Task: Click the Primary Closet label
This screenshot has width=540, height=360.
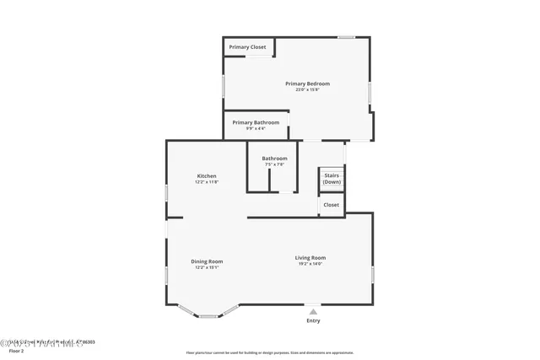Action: (247, 47)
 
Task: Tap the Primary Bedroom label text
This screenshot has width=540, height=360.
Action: (307, 83)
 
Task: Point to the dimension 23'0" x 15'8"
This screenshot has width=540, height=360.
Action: (307, 89)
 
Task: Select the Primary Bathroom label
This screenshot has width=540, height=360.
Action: (256, 122)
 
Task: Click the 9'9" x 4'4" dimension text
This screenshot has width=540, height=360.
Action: (256, 128)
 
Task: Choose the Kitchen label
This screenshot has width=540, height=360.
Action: (207, 176)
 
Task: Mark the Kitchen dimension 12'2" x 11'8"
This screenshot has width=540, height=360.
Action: (207, 182)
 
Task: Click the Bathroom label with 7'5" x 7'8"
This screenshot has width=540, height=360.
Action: (274, 159)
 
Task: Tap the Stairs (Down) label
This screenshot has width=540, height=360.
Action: (332, 179)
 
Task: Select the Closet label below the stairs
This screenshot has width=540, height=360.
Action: (332, 205)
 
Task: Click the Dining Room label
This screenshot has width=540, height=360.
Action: (207, 261)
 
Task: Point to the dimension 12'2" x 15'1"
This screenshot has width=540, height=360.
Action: (207, 267)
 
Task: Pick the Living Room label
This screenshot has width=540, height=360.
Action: (310, 258)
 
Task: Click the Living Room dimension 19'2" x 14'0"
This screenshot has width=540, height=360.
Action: (310, 264)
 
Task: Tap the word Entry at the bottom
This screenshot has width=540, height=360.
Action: (313, 320)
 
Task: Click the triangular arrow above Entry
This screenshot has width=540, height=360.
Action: (313, 311)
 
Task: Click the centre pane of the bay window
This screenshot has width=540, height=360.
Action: (208, 316)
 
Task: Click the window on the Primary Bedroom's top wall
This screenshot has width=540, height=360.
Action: (346, 37)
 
